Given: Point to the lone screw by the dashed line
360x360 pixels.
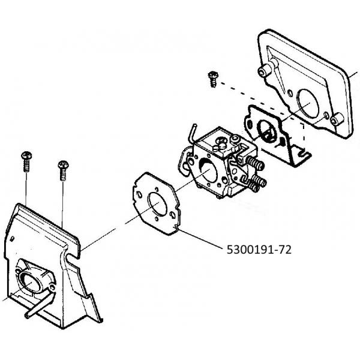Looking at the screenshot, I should [211, 78].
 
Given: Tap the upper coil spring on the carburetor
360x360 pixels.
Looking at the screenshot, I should [255, 162].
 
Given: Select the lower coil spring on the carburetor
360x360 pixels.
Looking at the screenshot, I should [259, 179].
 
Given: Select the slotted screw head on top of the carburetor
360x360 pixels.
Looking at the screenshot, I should [221, 142].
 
